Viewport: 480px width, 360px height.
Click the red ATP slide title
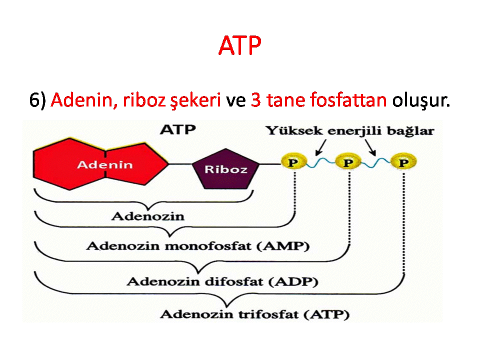tap(239, 45)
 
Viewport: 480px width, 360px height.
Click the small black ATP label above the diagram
tap(178, 130)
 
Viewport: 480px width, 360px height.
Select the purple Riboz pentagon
tap(226, 168)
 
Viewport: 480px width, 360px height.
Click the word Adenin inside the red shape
tap(104, 164)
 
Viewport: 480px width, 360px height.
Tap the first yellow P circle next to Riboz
tap(293, 161)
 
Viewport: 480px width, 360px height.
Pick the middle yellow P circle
tap(348, 161)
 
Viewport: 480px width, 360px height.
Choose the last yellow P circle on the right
tap(403, 161)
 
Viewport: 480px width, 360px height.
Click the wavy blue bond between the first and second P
tap(321, 162)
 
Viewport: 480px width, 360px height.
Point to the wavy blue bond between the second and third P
tap(376, 162)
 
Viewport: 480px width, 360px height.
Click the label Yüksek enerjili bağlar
tap(350, 131)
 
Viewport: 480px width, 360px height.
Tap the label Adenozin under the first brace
tap(148, 216)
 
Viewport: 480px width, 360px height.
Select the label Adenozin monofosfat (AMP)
tap(198, 246)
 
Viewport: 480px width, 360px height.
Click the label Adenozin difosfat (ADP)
tap(222, 281)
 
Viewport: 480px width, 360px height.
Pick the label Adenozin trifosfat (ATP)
tap(254, 314)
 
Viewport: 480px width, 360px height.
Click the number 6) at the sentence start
tap(37, 100)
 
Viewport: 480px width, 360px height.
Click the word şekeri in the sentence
tap(195, 100)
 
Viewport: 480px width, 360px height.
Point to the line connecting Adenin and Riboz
tap(180, 164)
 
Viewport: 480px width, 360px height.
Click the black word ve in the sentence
tap(235, 101)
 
